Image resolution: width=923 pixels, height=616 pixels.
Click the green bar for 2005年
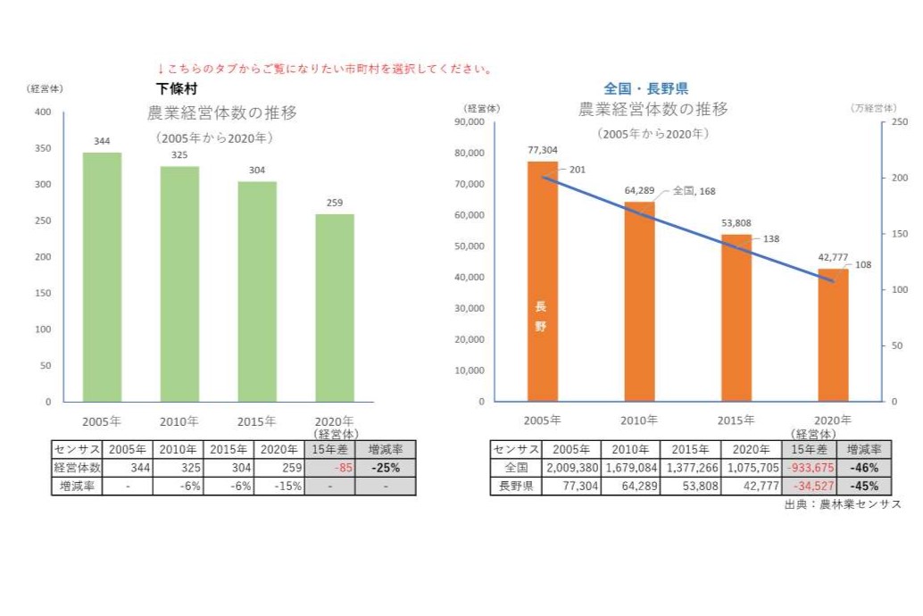(x=102, y=277)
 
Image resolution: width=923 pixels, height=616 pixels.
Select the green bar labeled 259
(x=334, y=307)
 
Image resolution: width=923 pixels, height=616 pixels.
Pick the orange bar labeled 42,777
(x=833, y=335)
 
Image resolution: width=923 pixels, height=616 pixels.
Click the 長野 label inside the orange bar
(x=540, y=317)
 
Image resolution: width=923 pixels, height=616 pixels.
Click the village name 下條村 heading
(x=176, y=89)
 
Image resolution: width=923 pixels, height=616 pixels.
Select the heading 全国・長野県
(x=645, y=88)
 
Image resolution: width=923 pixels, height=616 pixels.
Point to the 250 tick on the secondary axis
(x=899, y=122)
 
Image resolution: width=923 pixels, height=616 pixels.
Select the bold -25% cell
(x=385, y=467)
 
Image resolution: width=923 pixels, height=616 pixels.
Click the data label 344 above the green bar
(x=102, y=141)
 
